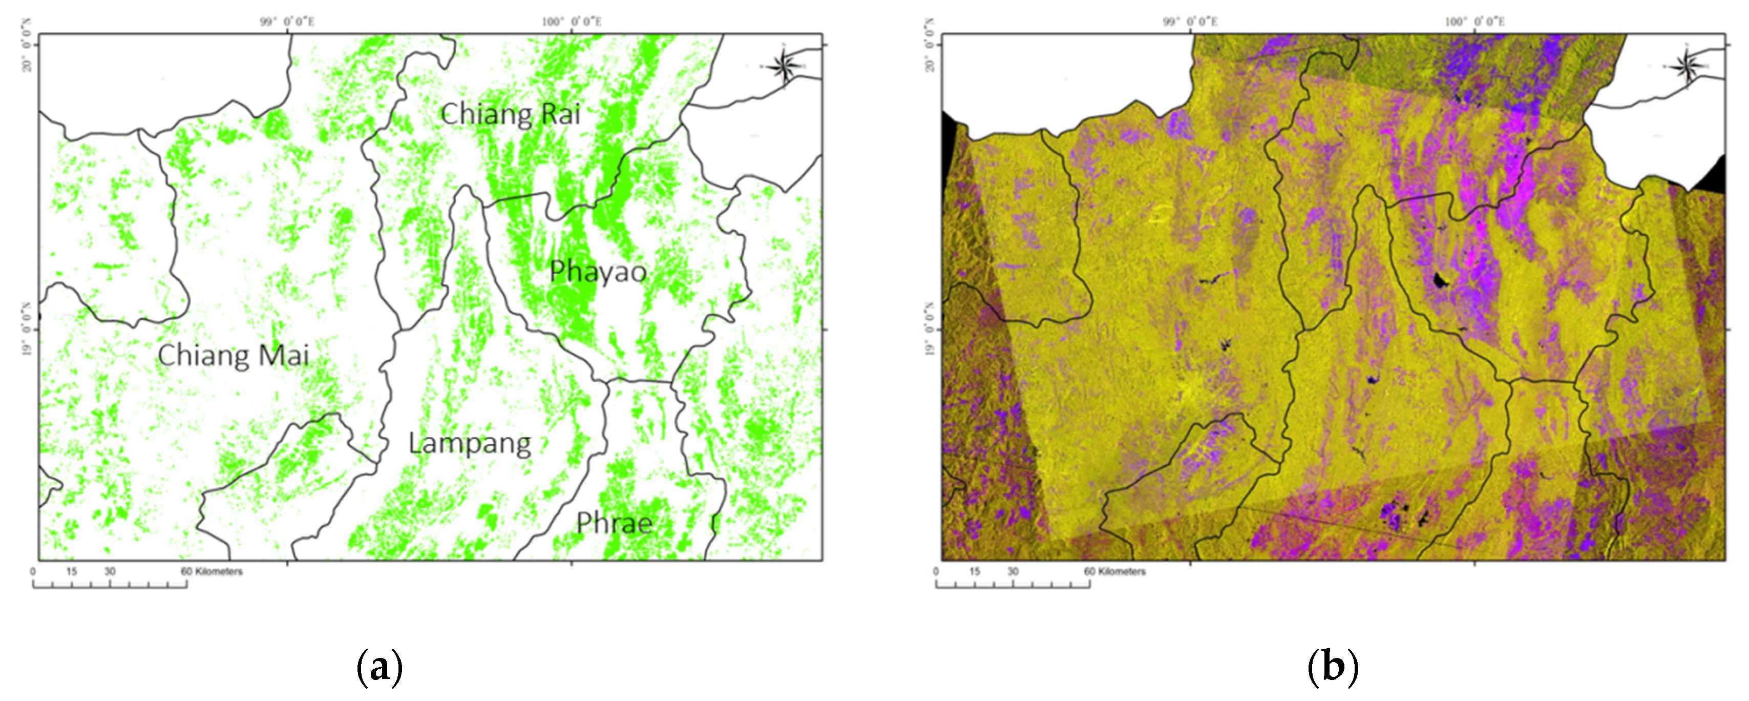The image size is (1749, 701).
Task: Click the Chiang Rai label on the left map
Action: coord(510,114)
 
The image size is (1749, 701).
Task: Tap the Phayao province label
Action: coord(598,272)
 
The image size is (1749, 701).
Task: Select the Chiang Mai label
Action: coord(233,355)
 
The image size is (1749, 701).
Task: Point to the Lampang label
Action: coord(469,444)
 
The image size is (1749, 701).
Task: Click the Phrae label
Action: coord(615,523)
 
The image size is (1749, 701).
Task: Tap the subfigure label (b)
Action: coord(1332,668)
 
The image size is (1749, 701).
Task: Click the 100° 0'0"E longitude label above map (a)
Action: coord(572,22)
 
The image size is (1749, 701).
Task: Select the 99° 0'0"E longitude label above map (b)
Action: coord(1190,22)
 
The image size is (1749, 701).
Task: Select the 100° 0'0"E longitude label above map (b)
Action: coord(1474,22)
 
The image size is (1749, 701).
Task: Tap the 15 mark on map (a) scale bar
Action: coord(71,572)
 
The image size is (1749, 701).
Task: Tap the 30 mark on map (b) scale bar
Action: coord(1013,572)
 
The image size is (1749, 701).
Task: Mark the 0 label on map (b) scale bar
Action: coord(936,572)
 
